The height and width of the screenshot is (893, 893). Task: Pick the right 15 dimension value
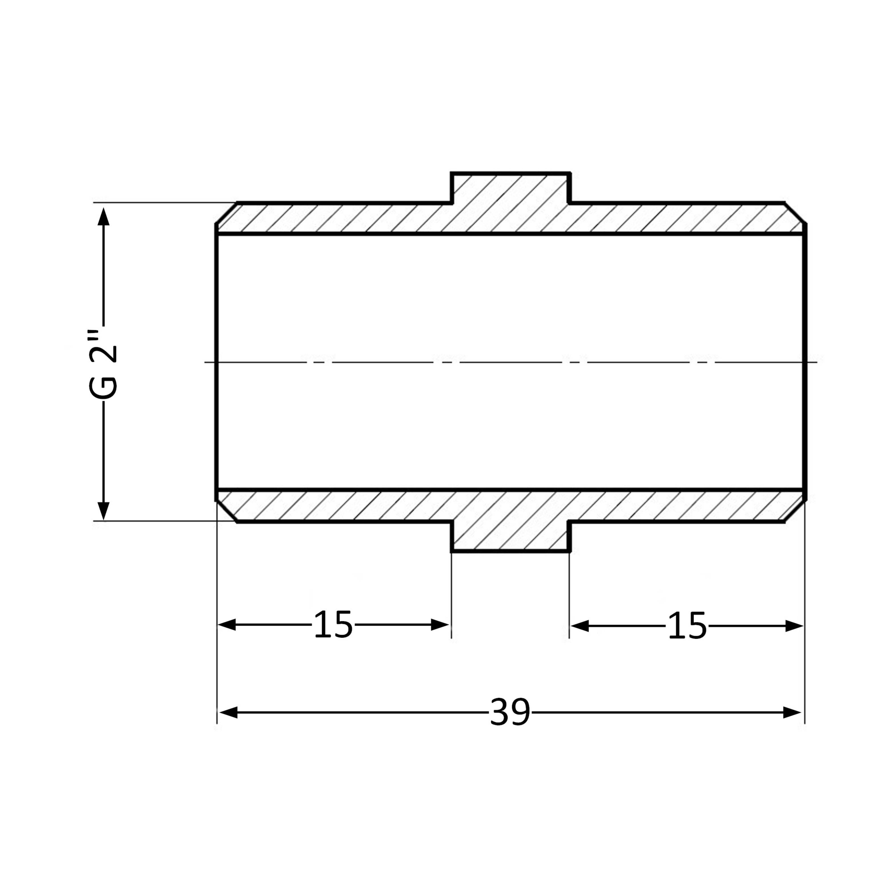(687, 626)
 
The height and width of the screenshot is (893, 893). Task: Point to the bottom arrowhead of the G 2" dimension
(104, 511)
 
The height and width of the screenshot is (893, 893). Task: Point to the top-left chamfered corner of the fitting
(226, 213)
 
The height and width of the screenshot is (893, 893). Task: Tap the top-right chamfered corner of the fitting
(795, 213)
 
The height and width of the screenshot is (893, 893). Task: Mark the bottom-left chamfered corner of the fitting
(226, 511)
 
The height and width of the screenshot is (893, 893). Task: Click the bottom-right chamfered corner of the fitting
(795, 511)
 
